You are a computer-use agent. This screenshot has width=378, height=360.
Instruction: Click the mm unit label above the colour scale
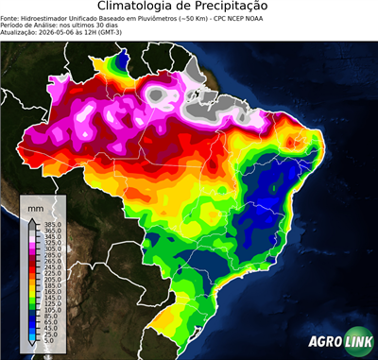click(x=36, y=207)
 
